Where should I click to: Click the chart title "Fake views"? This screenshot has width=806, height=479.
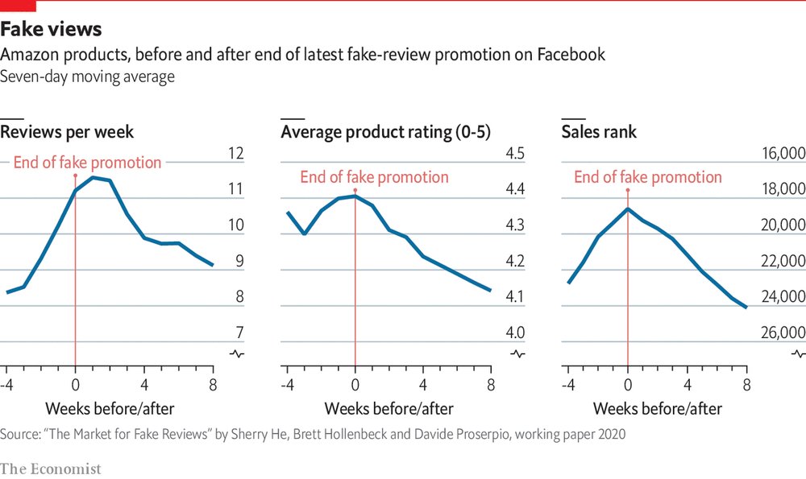(x=51, y=30)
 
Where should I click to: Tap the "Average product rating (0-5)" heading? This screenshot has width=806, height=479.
(x=385, y=131)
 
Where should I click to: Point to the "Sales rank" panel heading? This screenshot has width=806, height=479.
(x=599, y=131)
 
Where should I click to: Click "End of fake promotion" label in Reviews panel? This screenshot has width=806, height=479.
(x=88, y=163)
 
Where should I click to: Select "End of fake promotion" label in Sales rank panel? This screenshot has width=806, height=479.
(x=648, y=177)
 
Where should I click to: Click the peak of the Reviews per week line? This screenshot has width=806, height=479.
(x=93, y=177)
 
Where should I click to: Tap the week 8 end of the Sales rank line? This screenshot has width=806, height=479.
(x=746, y=307)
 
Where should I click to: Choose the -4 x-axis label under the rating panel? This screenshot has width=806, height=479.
(x=285, y=383)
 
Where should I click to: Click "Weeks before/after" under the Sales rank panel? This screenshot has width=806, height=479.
(x=669, y=408)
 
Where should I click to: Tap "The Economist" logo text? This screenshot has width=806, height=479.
(x=51, y=468)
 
